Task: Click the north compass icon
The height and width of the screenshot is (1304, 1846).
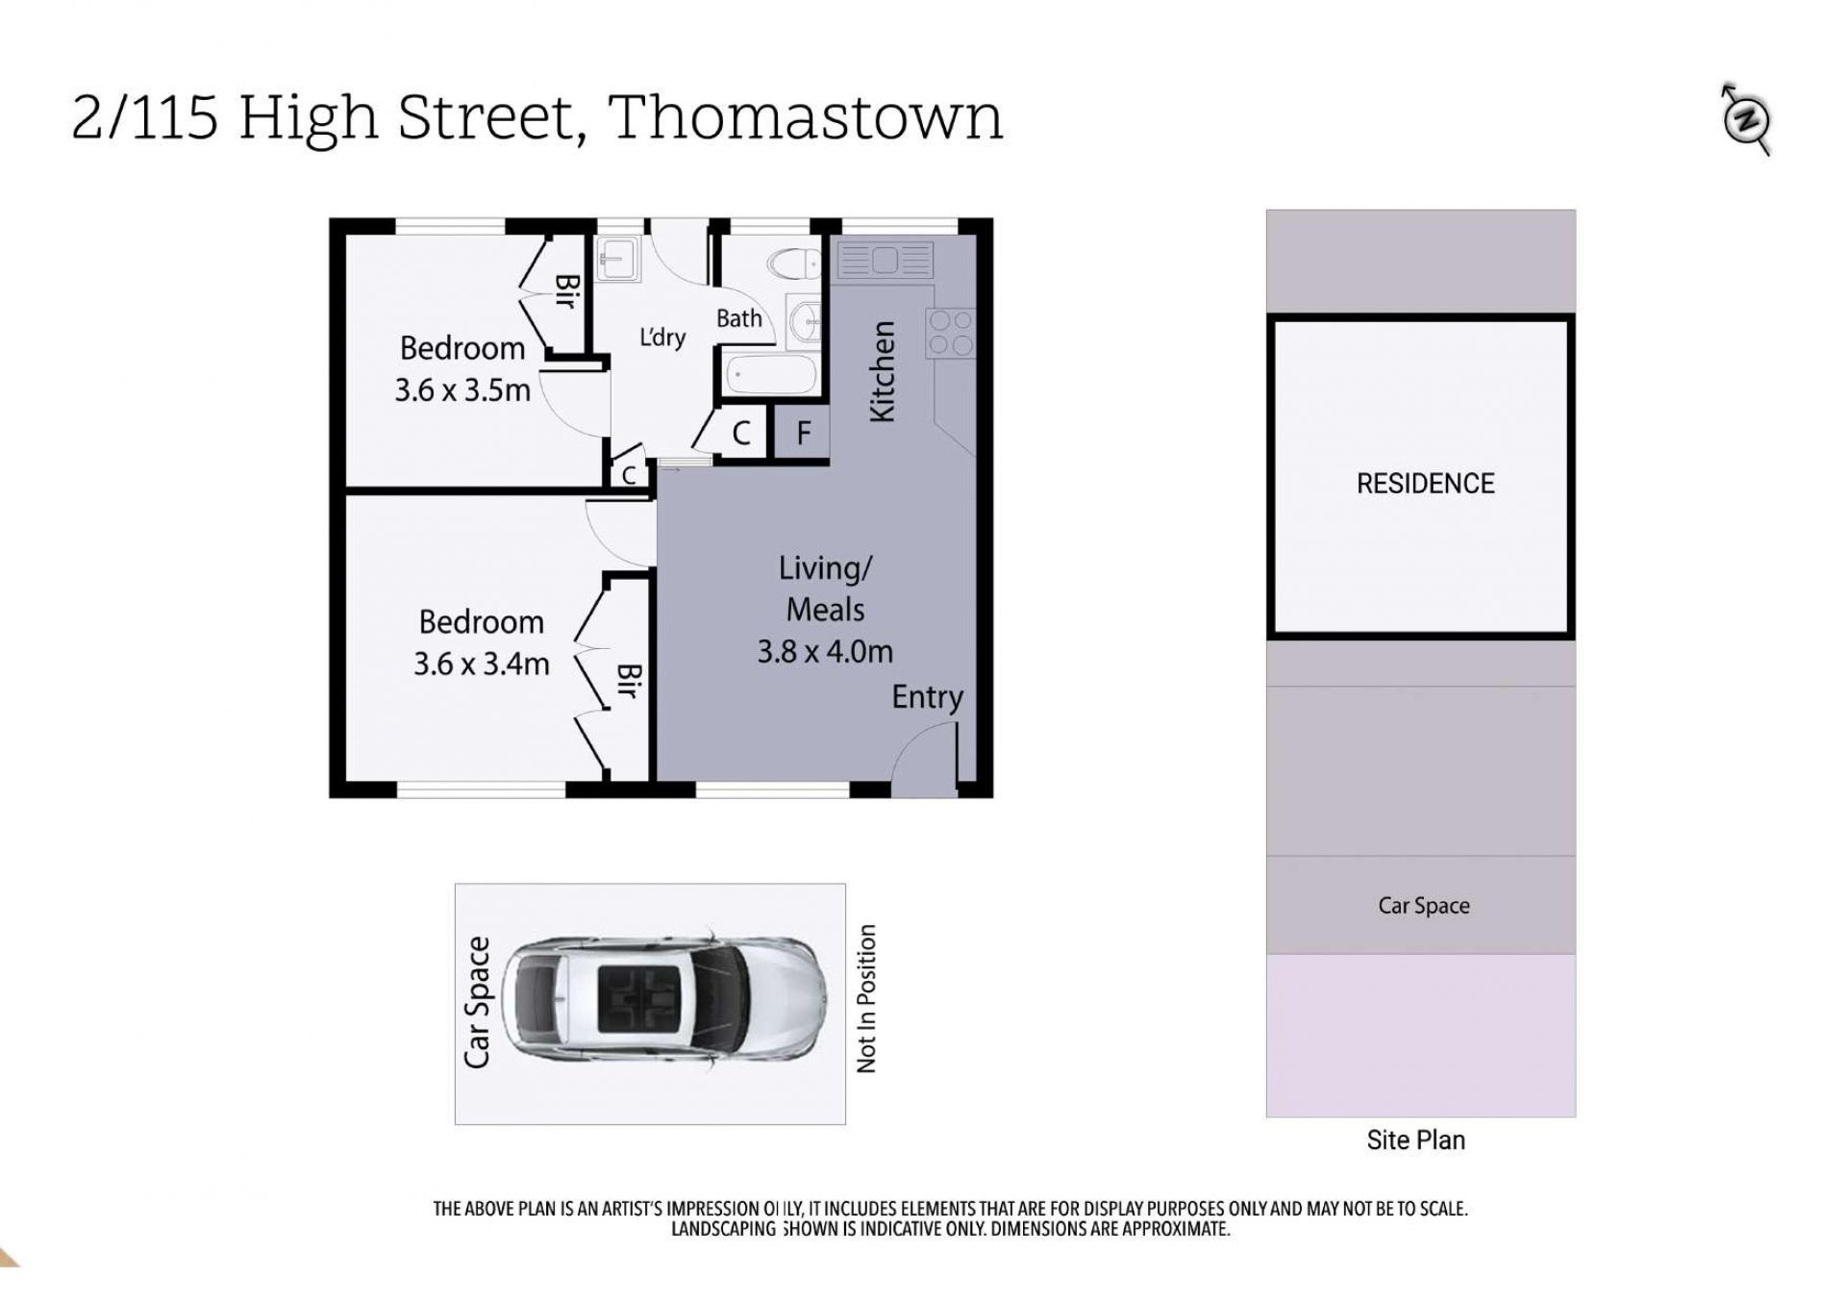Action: click(x=1746, y=119)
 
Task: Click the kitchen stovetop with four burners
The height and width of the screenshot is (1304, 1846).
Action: click(x=950, y=333)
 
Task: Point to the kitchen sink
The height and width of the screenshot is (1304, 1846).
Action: click(x=885, y=260)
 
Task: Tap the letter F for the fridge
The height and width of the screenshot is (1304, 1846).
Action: click(x=804, y=433)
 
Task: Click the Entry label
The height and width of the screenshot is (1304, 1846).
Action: click(x=927, y=697)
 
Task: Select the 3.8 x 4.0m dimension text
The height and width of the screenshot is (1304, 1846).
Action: click(x=825, y=652)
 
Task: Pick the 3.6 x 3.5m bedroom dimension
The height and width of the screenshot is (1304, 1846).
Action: click(x=462, y=390)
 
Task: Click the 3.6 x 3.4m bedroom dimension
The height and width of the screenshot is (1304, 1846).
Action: click(x=482, y=665)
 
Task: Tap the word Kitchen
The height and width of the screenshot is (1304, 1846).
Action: click(x=883, y=371)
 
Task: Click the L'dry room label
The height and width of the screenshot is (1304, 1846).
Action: click(x=662, y=337)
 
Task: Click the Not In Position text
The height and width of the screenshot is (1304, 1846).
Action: click(x=866, y=999)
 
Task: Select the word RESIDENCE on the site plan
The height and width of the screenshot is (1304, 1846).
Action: click(x=1425, y=484)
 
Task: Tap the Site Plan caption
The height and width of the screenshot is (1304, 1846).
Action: click(x=1416, y=1141)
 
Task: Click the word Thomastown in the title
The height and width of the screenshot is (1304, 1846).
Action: click(x=806, y=117)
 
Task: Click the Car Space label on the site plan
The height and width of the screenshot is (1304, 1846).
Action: click(x=1424, y=906)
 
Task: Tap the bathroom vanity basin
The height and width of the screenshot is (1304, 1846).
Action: click(x=805, y=319)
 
